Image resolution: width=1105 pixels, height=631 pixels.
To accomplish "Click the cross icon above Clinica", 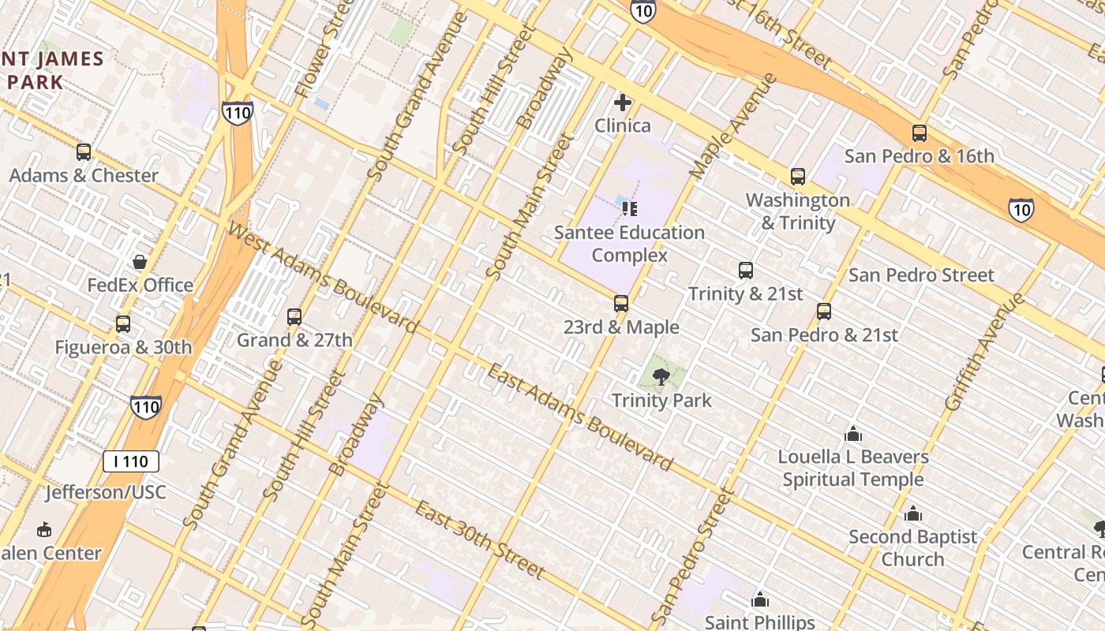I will (x=623, y=103).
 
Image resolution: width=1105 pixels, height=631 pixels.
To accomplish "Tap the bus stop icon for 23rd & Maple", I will (x=621, y=304).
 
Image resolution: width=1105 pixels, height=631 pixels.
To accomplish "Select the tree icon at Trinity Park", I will (x=661, y=377).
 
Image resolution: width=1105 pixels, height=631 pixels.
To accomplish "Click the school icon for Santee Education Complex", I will (x=629, y=209).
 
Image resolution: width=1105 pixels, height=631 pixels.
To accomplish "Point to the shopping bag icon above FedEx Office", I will (x=140, y=262).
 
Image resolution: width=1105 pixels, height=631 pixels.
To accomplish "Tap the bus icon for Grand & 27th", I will (x=294, y=317).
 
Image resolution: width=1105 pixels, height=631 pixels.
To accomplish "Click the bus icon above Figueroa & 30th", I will (x=122, y=323).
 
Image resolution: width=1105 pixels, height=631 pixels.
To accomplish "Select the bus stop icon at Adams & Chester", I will (x=83, y=152).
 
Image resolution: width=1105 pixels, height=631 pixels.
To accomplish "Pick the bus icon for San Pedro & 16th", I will (x=919, y=133).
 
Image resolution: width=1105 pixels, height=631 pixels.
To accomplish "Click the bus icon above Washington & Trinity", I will (x=797, y=177).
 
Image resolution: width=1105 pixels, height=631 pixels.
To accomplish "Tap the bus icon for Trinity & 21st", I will (x=745, y=271).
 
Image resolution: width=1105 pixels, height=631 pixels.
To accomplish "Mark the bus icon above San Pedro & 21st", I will (x=824, y=312).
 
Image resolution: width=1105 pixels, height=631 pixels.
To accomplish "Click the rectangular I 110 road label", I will (x=131, y=461).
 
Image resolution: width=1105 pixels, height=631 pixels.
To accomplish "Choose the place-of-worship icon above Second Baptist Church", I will (x=912, y=514).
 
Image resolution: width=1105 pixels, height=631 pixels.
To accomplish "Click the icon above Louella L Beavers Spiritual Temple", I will (x=852, y=434).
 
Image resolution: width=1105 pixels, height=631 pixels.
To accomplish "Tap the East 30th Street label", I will (x=479, y=540).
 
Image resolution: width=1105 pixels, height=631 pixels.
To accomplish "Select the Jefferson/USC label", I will (x=106, y=493).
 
